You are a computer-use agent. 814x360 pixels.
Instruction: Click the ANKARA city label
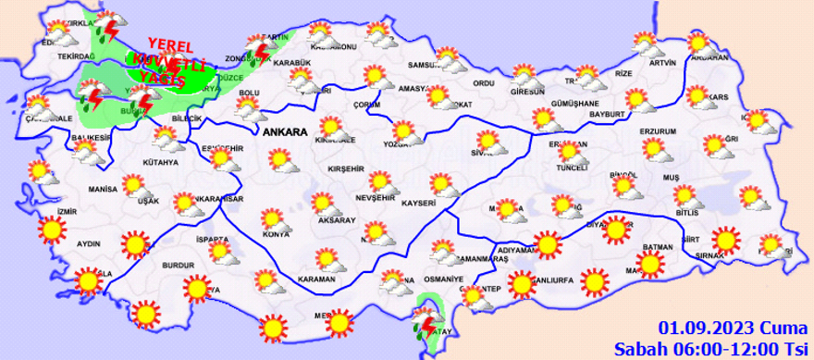(285, 133)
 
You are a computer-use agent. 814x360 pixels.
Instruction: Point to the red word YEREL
(169, 46)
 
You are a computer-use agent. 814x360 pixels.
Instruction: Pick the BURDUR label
(179, 266)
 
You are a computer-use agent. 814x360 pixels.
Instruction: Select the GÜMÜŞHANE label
(576, 103)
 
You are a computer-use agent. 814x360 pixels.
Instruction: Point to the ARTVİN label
(662, 63)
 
